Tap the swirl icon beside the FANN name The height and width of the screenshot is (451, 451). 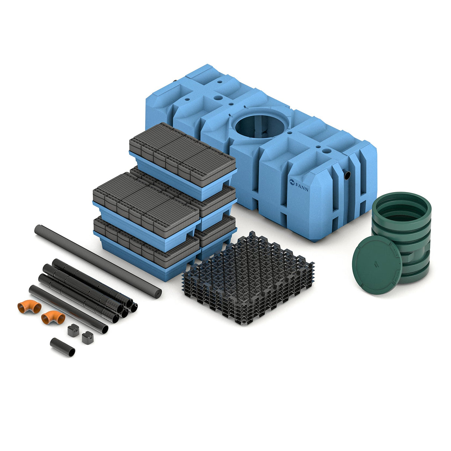click(x=292, y=182)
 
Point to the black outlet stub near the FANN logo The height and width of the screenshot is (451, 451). click(x=347, y=175)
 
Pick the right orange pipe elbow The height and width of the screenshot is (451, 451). click(x=53, y=317)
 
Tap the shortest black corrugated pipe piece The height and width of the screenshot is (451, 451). click(x=62, y=347)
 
